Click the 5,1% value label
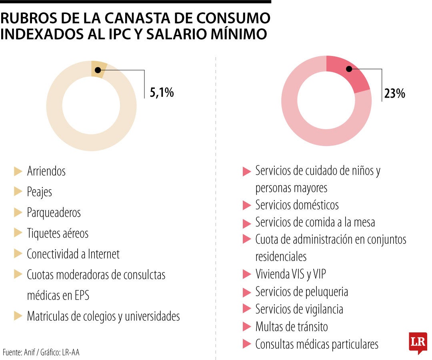[x=162, y=93]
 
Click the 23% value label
[x=394, y=94]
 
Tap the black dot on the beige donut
[x=98, y=70]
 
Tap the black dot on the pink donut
[x=349, y=69]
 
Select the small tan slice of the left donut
[x=98, y=67]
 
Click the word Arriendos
[x=46, y=171]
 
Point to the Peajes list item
[x=39, y=192]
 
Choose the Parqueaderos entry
[x=54, y=212]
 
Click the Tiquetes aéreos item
[x=57, y=233]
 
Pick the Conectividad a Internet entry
[x=73, y=254]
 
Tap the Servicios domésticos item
[x=297, y=205]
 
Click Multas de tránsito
[x=291, y=327]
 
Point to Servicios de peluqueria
[x=301, y=292]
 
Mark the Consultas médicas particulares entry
[x=316, y=344]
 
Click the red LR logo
[x=418, y=342]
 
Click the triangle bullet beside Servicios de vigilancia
[x=246, y=309]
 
